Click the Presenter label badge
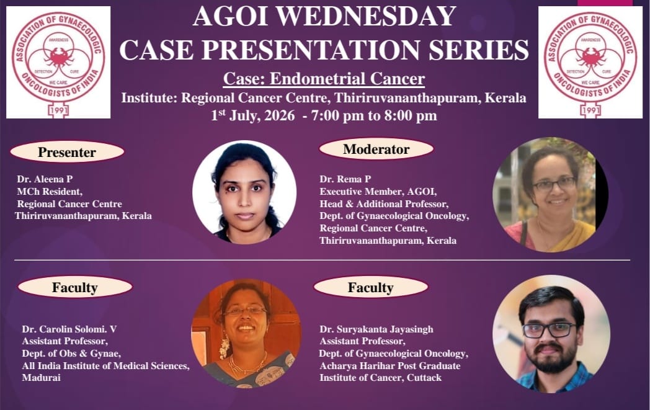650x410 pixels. (x=67, y=152)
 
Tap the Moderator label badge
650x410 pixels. (x=376, y=149)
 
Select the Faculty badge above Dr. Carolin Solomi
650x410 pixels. (x=75, y=287)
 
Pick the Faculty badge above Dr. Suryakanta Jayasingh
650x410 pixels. (x=371, y=287)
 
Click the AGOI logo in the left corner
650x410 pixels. (x=58, y=62)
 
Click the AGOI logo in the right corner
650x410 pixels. (x=590, y=62)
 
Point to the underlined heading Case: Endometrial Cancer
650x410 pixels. (x=324, y=79)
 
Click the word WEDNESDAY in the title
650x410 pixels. (x=366, y=17)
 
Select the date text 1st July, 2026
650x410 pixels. (x=253, y=115)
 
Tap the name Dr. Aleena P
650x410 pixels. (x=45, y=179)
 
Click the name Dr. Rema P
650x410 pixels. (x=345, y=179)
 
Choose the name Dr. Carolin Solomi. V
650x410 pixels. (x=69, y=329)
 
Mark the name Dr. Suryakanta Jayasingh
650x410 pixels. (x=376, y=329)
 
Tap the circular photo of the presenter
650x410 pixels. (x=244, y=192)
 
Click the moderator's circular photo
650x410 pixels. (x=551, y=194)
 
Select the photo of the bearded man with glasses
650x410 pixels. (x=551, y=334)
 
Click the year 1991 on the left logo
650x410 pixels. (x=58, y=110)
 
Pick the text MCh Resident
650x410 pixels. (x=50, y=192)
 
